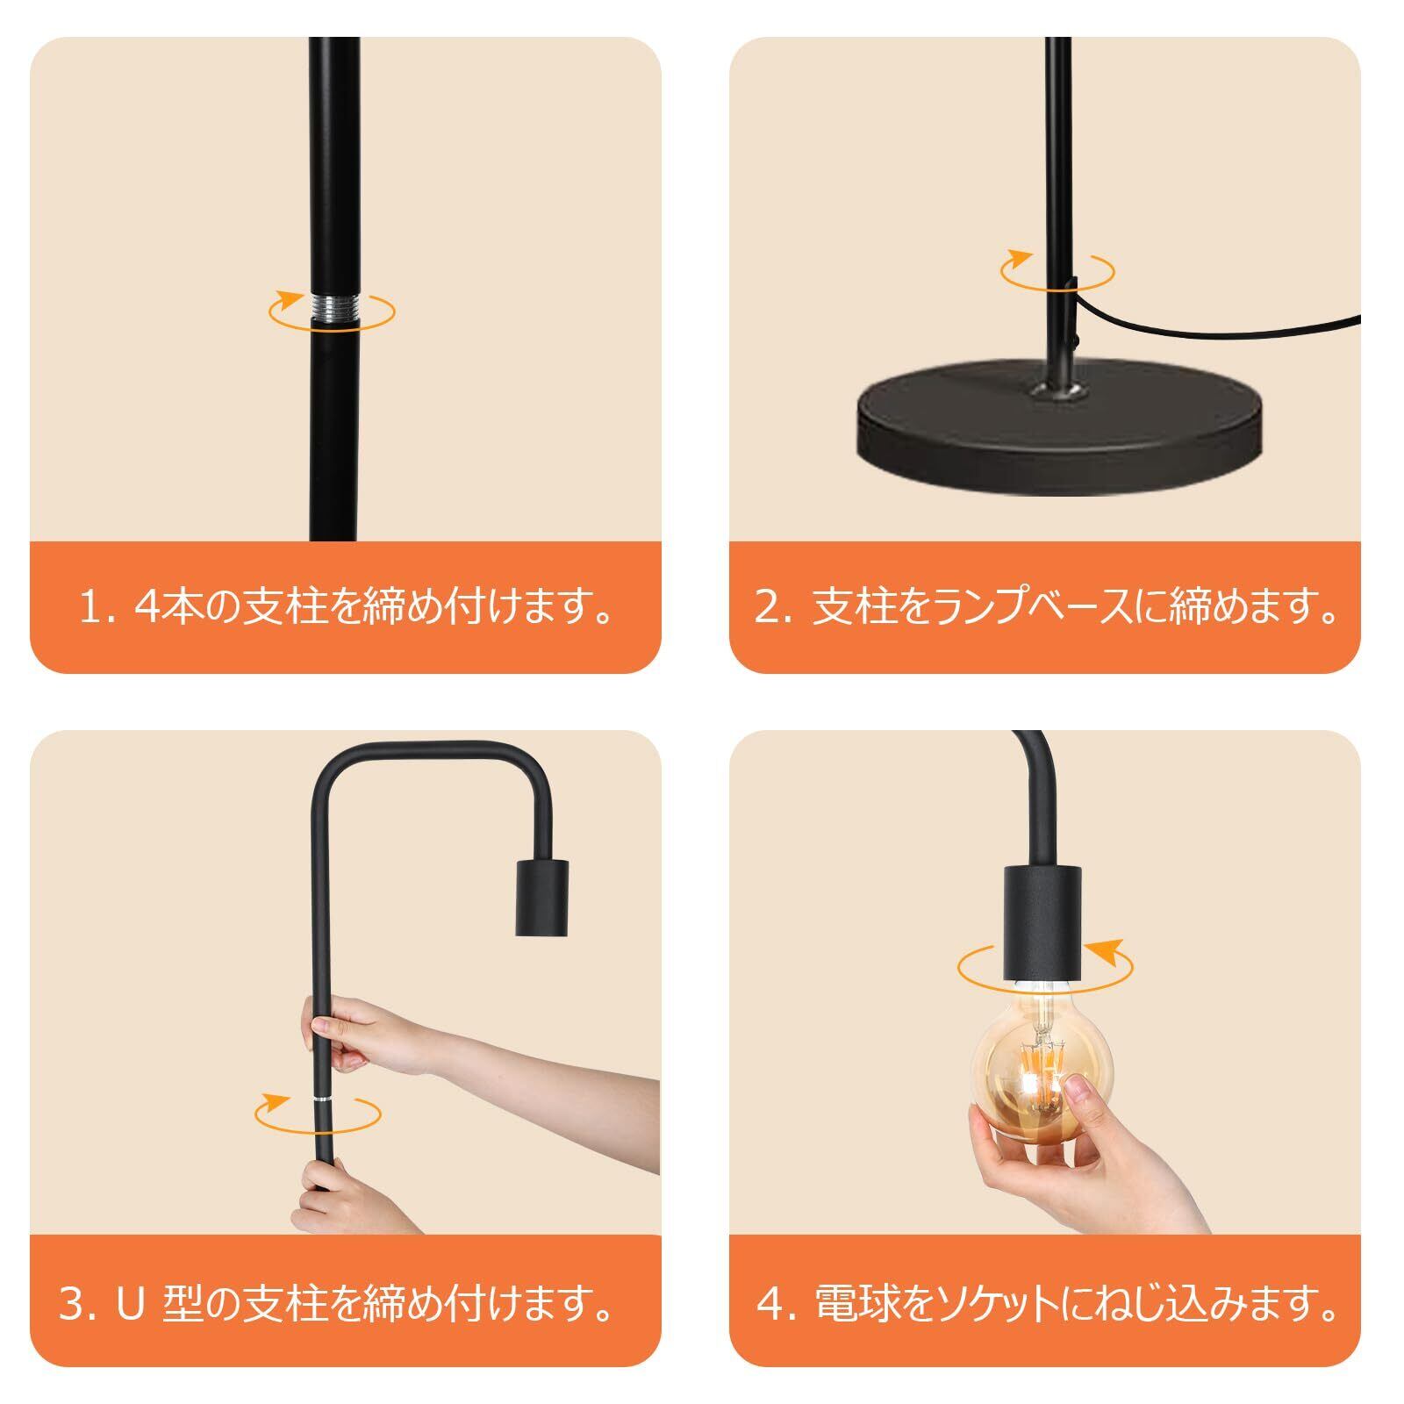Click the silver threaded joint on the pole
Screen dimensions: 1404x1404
click(x=333, y=309)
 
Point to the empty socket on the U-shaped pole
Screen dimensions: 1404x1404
click(x=541, y=899)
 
